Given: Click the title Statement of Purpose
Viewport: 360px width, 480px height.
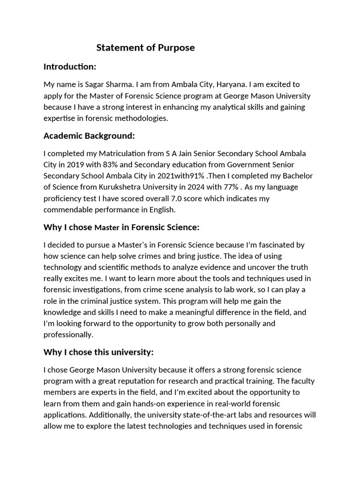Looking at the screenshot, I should [x=145, y=48].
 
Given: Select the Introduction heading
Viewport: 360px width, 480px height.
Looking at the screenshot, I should [x=70, y=67].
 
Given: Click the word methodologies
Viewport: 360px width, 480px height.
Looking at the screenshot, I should [x=140, y=118].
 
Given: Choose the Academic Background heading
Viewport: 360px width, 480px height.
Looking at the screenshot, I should [x=89, y=136].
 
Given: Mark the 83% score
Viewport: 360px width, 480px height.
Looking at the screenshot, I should [x=106, y=165].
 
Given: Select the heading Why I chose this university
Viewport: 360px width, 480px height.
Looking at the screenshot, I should [x=98, y=352].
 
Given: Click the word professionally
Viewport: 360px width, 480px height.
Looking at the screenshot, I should [x=68, y=335].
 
